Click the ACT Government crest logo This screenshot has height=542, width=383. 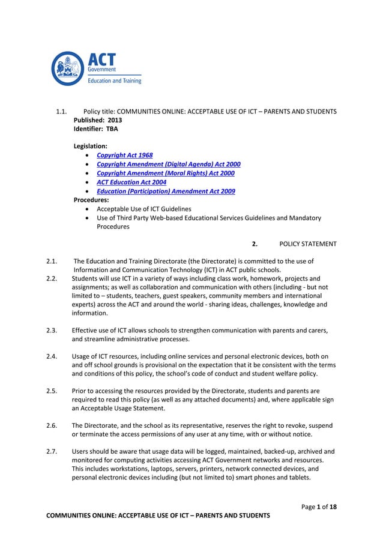68,68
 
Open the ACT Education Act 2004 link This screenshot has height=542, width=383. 131,182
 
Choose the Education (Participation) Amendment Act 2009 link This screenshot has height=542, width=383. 166,191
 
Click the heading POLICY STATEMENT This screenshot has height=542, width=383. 308,244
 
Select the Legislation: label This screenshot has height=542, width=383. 91,146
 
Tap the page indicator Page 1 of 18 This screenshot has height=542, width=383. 319,507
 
